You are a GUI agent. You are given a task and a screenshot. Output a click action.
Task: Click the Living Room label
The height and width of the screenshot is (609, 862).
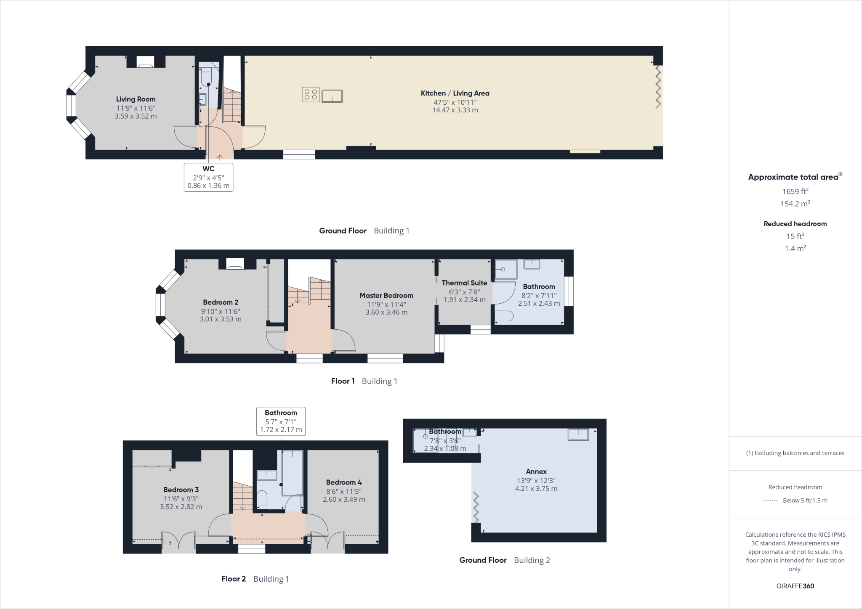click(136, 99)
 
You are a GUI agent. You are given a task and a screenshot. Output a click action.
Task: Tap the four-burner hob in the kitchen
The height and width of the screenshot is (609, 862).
click(311, 94)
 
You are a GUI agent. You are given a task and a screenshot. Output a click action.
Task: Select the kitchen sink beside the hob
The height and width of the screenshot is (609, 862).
click(332, 96)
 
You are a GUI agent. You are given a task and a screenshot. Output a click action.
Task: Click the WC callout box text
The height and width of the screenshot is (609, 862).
click(208, 177)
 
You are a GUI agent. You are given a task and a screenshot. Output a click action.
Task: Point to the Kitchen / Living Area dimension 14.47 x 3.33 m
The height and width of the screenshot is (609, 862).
click(455, 110)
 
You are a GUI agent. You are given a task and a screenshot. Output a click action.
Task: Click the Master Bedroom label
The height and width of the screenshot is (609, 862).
click(386, 295)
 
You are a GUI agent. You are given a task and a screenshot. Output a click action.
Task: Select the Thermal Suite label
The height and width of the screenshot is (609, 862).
click(464, 283)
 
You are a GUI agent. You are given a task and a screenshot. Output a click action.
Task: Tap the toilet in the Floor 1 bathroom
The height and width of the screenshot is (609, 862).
click(503, 316)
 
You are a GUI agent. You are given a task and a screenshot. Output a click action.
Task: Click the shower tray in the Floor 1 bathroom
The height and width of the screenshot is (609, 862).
click(505, 269)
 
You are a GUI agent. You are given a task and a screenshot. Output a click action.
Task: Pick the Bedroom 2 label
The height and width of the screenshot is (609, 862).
click(221, 302)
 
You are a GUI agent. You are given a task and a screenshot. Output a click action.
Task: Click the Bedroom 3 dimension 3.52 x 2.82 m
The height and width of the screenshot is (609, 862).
click(181, 507)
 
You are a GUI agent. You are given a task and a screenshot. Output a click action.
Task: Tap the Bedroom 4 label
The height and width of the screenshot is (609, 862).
click(343, 482)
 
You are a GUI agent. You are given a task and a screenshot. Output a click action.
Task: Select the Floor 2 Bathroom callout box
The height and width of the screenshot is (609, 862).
click(281, 421)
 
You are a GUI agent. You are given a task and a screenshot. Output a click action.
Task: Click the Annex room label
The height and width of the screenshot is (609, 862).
click(536, 471)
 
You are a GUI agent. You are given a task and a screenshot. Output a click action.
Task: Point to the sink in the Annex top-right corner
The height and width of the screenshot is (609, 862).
click(578, 434)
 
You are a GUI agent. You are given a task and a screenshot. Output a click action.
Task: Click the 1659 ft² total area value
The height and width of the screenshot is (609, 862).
click(795, 191)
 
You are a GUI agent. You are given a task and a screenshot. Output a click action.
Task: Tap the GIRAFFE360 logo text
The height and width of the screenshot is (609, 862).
click(795, 586)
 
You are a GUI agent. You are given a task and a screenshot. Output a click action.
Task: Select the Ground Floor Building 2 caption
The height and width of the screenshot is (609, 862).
click(504, 560)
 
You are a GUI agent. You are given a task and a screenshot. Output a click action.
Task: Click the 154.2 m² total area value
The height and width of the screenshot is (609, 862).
click(795, 204)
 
